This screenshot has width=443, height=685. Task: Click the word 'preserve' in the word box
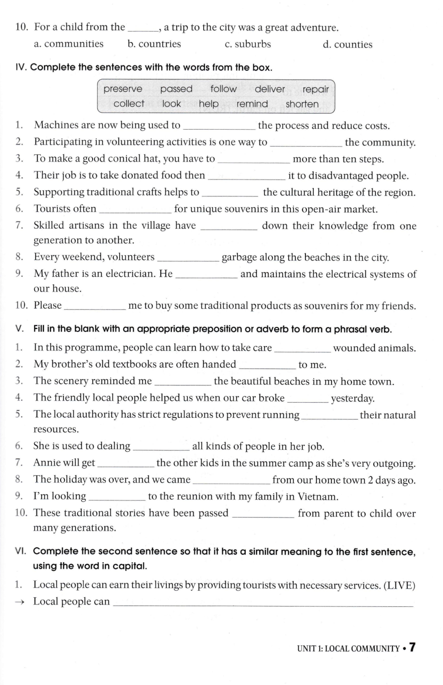123,89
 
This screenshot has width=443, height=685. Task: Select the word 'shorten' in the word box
302,104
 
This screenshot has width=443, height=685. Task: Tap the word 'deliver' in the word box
269,89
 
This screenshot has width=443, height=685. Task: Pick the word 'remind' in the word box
252,104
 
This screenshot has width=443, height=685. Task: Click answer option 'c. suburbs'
248,44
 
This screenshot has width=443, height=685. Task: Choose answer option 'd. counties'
347,45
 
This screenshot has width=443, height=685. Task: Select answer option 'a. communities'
69,44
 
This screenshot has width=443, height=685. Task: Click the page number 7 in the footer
412,647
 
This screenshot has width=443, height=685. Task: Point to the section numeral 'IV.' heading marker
21,68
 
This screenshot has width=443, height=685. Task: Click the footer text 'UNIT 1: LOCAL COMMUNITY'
348,648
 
